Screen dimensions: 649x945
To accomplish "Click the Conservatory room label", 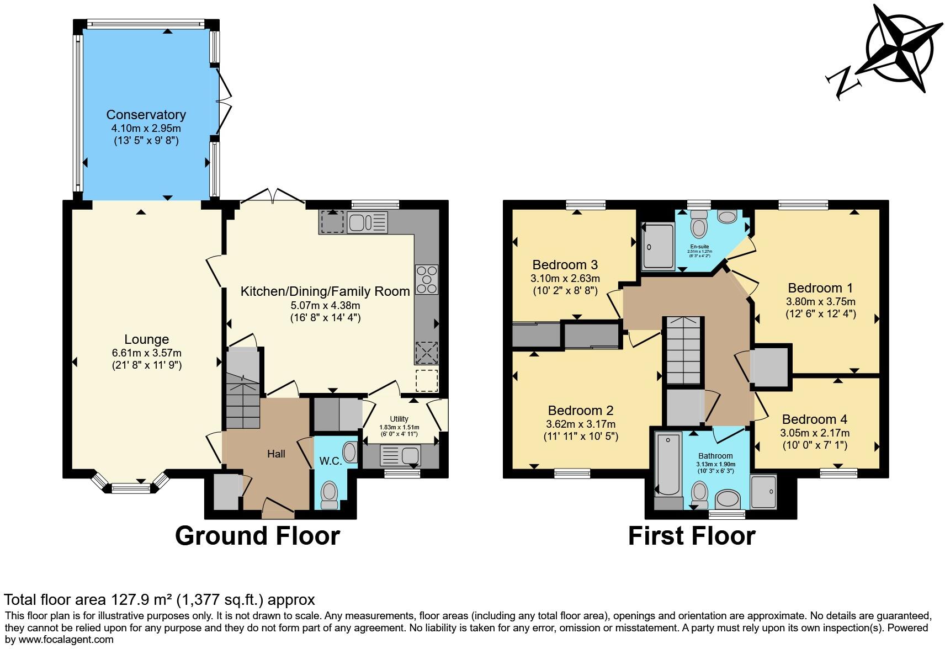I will click(x=146, y=115).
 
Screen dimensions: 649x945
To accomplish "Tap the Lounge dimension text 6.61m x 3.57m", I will click(x=146, y=353).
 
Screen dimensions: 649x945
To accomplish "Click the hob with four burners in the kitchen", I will click(x=427, y=280).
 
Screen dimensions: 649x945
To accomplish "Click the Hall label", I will click(x=276, y=454).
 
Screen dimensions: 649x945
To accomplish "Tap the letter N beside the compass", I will click(x=843, y=83).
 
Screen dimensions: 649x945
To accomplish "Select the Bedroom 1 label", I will click(x=820, y=288).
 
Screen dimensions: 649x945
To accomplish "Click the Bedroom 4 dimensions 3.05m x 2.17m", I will click(x=814, y=433).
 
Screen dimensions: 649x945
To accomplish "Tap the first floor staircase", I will click(x=683, y=350).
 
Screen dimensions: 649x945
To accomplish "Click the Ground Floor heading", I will click(x=257, y=536).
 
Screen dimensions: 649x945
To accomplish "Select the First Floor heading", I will click(x=691, y=536).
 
